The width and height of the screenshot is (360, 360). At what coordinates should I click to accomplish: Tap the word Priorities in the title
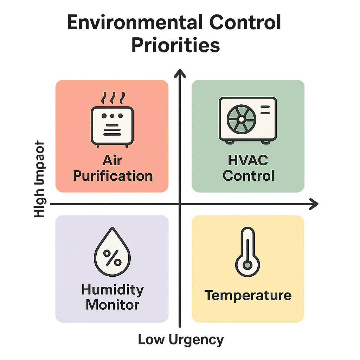(x=175, y=46)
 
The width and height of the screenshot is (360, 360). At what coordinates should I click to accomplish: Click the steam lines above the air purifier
(x=112, y=97)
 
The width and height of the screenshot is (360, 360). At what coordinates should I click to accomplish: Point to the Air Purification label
(x=112, y=168)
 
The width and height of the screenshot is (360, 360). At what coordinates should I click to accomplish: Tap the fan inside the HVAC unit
(x=241, y=119)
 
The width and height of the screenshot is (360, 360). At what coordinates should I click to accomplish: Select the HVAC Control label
(x=248, y=168)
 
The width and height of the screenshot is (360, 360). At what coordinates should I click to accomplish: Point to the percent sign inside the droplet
(x=112, y=259)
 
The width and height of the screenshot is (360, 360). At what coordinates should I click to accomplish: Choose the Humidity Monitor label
(x=112, y=297)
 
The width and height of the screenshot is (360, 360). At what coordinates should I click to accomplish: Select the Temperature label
(x=248, y=295)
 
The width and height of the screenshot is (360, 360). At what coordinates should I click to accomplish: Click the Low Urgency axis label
(x=180, y=340)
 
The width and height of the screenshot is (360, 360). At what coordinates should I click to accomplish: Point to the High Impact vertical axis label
(x=39, y=179)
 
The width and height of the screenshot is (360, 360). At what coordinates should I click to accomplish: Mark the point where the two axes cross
(x=180, y=204)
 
